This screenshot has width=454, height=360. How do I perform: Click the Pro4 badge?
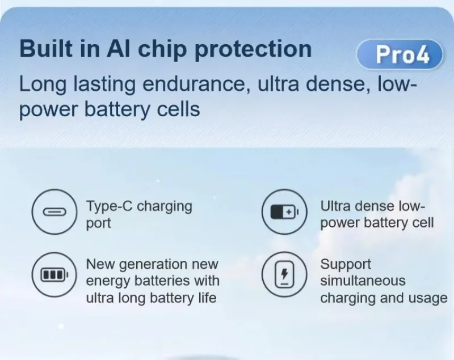(x=400, y=54)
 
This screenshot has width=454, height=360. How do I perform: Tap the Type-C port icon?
(x=54, y=211)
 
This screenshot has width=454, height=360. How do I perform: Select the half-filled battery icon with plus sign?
(x=284, y=211)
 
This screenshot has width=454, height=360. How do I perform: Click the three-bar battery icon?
(x=54, y=274)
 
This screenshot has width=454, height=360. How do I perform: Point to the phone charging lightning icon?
(x=284, y=274)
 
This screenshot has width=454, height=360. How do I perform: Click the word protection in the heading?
(x=253, y=50)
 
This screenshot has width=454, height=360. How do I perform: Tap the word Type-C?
(x=110, y=207)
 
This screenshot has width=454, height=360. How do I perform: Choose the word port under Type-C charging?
(x=98, y=224)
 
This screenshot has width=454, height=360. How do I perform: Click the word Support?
(x=346, y=265)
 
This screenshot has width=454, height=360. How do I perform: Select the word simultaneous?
(x=363, y=281)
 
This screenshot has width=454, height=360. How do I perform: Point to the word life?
(x=207, y=298)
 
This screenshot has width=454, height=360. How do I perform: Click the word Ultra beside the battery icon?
(x=335, y=206)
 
